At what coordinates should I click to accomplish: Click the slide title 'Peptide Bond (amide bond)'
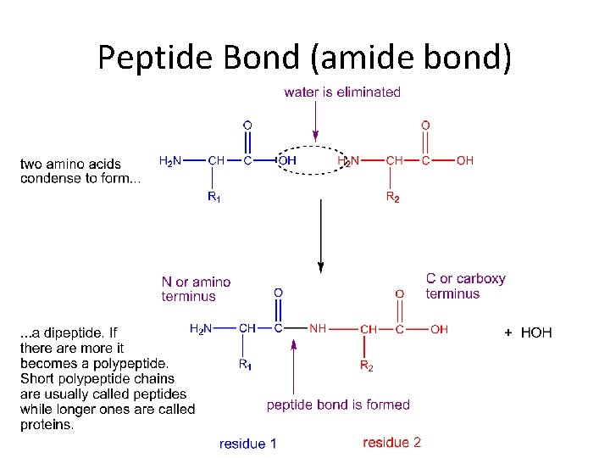click(304, 57)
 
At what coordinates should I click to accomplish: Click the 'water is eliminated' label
click(342, 92)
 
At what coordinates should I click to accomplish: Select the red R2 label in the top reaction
click(393, 197)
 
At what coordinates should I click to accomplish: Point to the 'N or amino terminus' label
click(196, 288)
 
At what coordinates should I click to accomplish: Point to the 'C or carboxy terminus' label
click(465, 286)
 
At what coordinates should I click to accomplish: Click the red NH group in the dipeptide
click(318, 328)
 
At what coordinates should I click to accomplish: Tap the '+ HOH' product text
click(528, 332)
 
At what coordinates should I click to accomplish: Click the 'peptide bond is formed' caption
click(338, 405)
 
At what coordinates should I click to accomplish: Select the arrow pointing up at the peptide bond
click(294, 365)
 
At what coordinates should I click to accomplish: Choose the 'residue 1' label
click(247, 443)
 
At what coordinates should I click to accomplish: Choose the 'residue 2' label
click(391, 442)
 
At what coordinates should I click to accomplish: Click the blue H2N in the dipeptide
click(202, 328)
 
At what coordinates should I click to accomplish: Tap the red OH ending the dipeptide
click(439, 329)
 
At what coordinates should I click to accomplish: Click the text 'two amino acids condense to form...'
click(80, 170)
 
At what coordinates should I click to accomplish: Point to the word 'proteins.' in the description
click(47, 425)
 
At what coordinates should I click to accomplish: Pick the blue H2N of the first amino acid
click(171, 160)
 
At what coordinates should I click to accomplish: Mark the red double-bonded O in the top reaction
click(425, 126)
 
